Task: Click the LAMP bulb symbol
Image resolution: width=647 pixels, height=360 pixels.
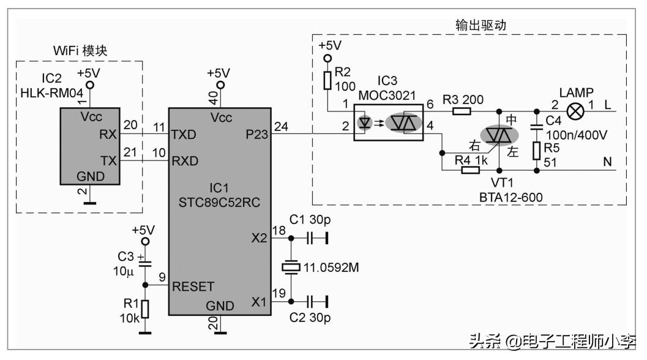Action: pyautogui.click(x=575, y=111)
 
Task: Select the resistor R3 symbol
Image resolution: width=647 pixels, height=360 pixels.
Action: pyautogui.click(x=461, y=111)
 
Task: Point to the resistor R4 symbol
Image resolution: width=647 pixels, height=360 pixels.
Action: pyautogui.click(x=469, y=170)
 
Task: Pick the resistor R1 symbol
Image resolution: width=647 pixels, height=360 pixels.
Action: pyautogui.click(x=145, y=309)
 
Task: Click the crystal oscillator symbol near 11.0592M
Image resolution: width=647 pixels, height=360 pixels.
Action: pyautogui.click(x=290, y=267)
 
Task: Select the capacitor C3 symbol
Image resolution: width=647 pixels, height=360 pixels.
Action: pyautogui.click(x=145, y=264)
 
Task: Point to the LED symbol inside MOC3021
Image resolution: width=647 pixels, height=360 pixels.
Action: pyautogui.click(x=365, y=123)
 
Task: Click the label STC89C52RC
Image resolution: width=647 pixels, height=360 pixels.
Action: pyautogui.click(x=220, y=202)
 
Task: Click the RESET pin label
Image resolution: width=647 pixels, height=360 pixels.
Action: pyautogui.click(x=193, y=286)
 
